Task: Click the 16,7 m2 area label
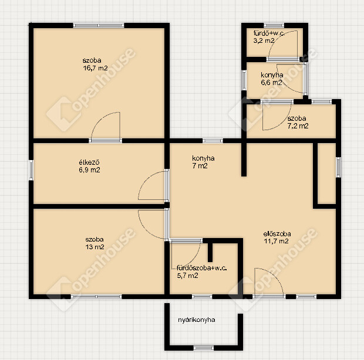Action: pyautogui.click(x=95, y=68)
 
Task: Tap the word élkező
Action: pyautogui.click(x=89, y=162)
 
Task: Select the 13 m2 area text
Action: pyautogui.click(x=95, y=247)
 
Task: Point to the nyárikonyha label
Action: pyautogui.click(x=197, y=320)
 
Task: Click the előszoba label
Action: pyautogui.click(x=277, y=233)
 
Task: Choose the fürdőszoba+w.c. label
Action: pyautogui.click(x=202, y=268)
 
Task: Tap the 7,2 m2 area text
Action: pyautogui.click(x=298, y=126)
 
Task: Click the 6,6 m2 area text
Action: pyautogui.click(x=271, y=83)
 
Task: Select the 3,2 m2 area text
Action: pyautogui.click(x=264, y=41)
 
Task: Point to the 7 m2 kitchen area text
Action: pyautogui.click(x=200, y=166)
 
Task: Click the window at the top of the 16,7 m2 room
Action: pyautogui.click(x=99, y=25)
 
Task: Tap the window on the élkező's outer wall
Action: pyautogui.click(x=31, y=170)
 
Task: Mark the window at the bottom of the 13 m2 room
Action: pyautogui.click(x=96, y=297)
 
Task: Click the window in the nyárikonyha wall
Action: pyautogui.click(x=204, y=348)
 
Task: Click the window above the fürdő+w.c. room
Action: pyautogui.click(x=274, y=25)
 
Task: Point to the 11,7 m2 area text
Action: pyautogui.click(x=276, y=241)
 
